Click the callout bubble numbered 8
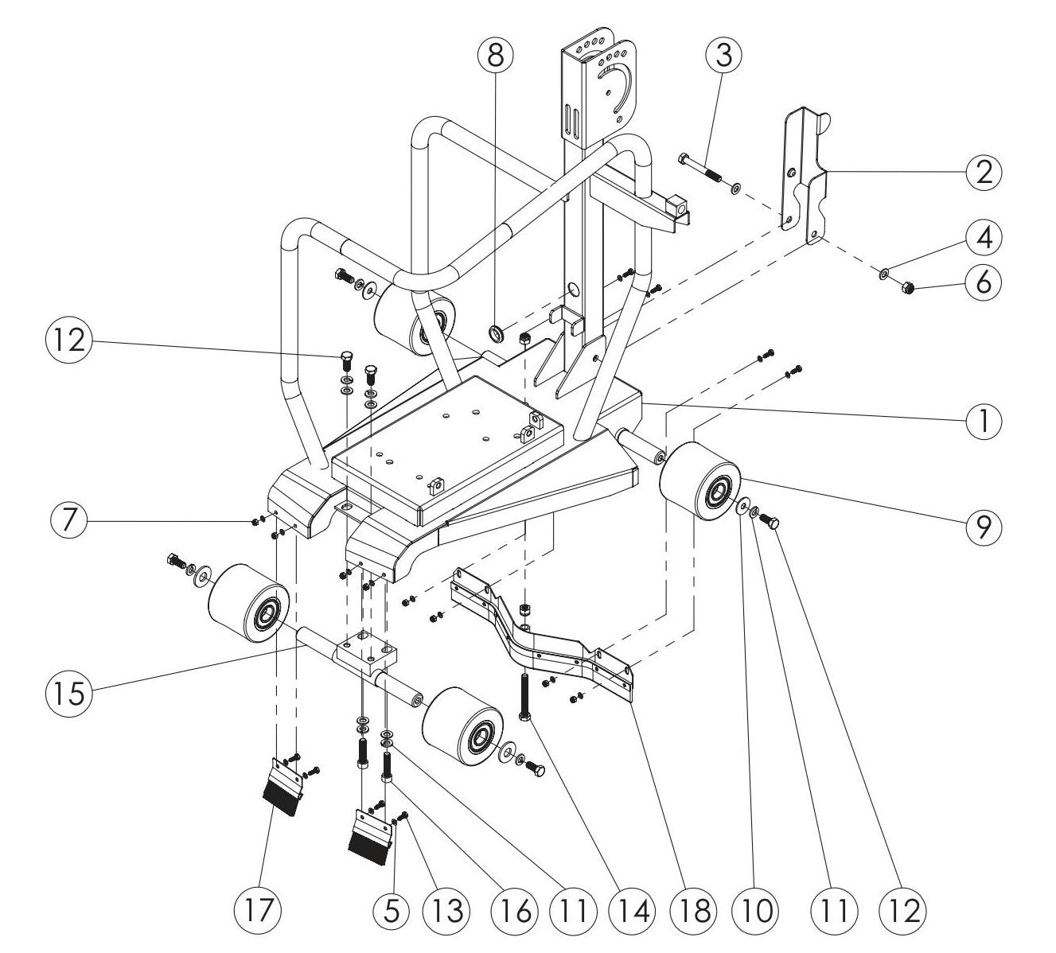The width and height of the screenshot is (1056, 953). [x=496, y=55]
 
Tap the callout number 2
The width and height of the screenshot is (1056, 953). [x=984, y=172]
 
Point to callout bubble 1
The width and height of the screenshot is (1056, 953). [x=984, y=419]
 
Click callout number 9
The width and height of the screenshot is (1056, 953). [x=984, y=525]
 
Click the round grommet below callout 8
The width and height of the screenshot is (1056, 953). [x=494, y=331]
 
